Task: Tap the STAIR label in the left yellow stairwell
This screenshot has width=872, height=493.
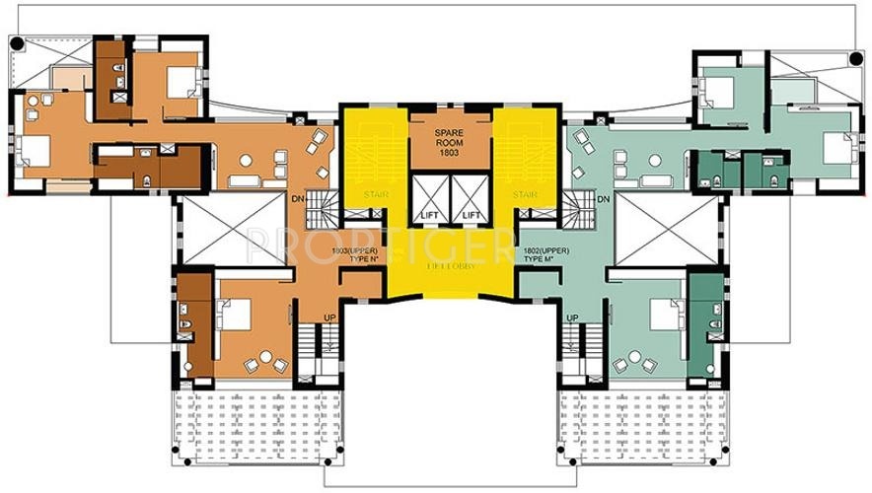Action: [376, 194]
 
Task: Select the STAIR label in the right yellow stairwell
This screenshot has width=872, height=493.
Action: [525, 194]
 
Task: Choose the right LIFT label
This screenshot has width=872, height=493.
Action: [472, 214]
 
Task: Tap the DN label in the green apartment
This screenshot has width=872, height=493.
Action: [605, 201]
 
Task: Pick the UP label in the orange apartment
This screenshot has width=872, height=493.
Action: [328, 317]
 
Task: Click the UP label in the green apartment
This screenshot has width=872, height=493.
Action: [572, 317]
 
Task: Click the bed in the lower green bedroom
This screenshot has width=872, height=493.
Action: [661, 314]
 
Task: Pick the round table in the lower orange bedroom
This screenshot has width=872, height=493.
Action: [264, 357]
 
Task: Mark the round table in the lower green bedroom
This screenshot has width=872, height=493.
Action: [634, 357]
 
